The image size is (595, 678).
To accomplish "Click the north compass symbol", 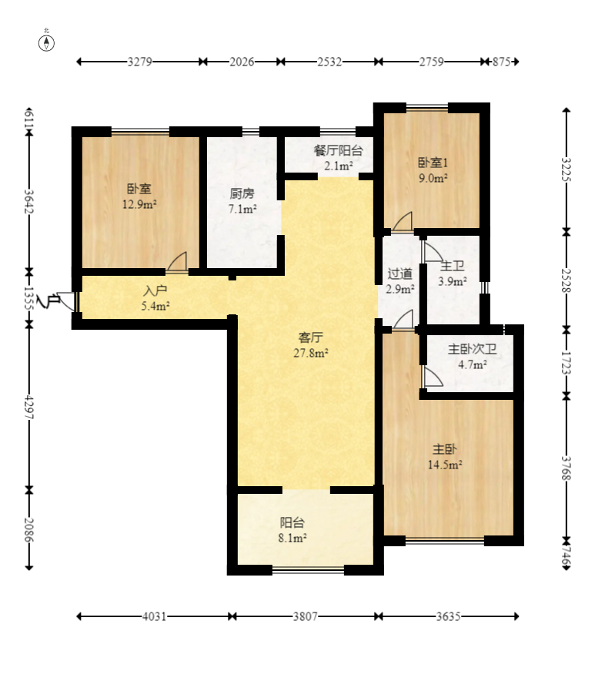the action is pos(46,42).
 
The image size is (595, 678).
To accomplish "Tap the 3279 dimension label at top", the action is pos(139,62).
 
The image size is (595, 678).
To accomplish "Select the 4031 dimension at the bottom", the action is pos(154,616).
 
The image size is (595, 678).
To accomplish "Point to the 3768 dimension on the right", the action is pos(566,468).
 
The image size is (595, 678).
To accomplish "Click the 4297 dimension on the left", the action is pos(29,407).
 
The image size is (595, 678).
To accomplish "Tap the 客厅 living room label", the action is pos(311,337).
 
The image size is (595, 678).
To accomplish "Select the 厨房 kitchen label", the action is pos(242,193).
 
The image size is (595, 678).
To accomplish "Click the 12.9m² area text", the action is pos(139,204).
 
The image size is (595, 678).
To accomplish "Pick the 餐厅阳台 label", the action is pos(338,150).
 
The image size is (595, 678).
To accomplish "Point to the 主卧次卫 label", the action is pos(473,348).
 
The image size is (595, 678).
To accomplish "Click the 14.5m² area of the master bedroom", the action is pos(445,465).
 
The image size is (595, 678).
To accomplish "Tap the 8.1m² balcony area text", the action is pos(292,538).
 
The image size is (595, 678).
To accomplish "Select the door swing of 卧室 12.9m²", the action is pos(177,262).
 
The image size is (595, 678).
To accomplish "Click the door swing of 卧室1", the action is pos(403,222).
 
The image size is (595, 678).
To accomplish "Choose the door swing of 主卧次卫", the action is pos(433,377).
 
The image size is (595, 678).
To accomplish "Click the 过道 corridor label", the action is pos(399,274).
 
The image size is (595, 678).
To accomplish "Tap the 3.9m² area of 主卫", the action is pos(453,281).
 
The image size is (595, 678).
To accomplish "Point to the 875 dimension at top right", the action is pos(501,62).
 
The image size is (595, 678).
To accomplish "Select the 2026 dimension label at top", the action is pos(242,62).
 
